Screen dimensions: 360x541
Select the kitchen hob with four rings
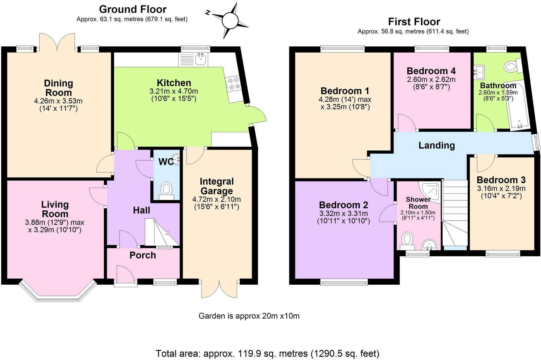[233, 83]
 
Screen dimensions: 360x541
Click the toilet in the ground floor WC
[166, 190]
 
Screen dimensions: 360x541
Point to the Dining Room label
[58, 88]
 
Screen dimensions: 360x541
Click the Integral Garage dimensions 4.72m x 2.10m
[217, 199]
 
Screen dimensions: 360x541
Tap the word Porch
[143, 255]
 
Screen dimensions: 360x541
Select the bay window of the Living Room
[58, 292]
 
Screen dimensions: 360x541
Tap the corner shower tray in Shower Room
[432, 191]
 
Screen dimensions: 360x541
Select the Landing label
[436, 145]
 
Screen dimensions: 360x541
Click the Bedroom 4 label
[431, 71]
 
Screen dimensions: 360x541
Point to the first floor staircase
[455, 214]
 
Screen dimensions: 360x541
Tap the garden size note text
[249, 316]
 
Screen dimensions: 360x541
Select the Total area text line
[267, 353]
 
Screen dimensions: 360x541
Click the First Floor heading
[414, 22]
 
